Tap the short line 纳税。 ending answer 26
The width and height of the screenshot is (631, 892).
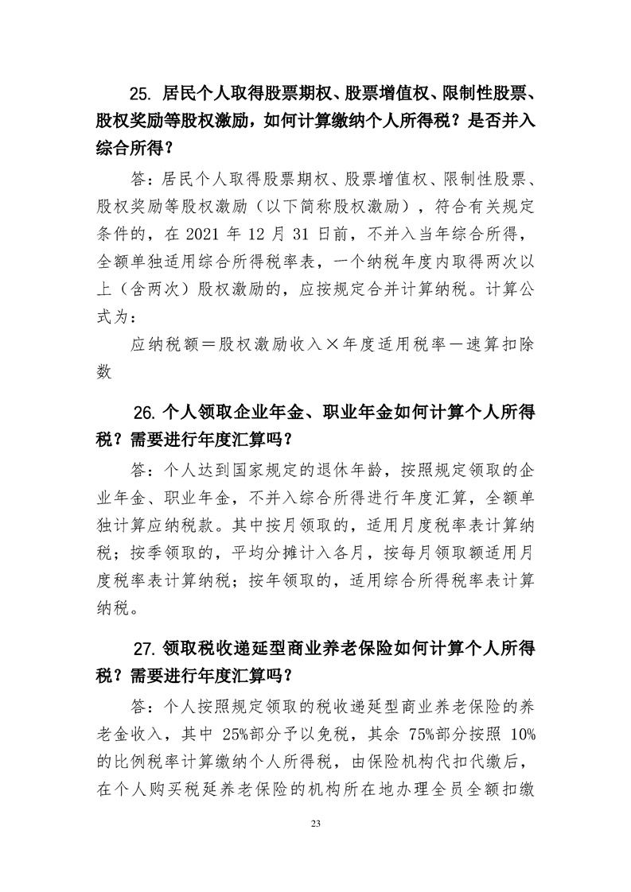click(119, 611)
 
